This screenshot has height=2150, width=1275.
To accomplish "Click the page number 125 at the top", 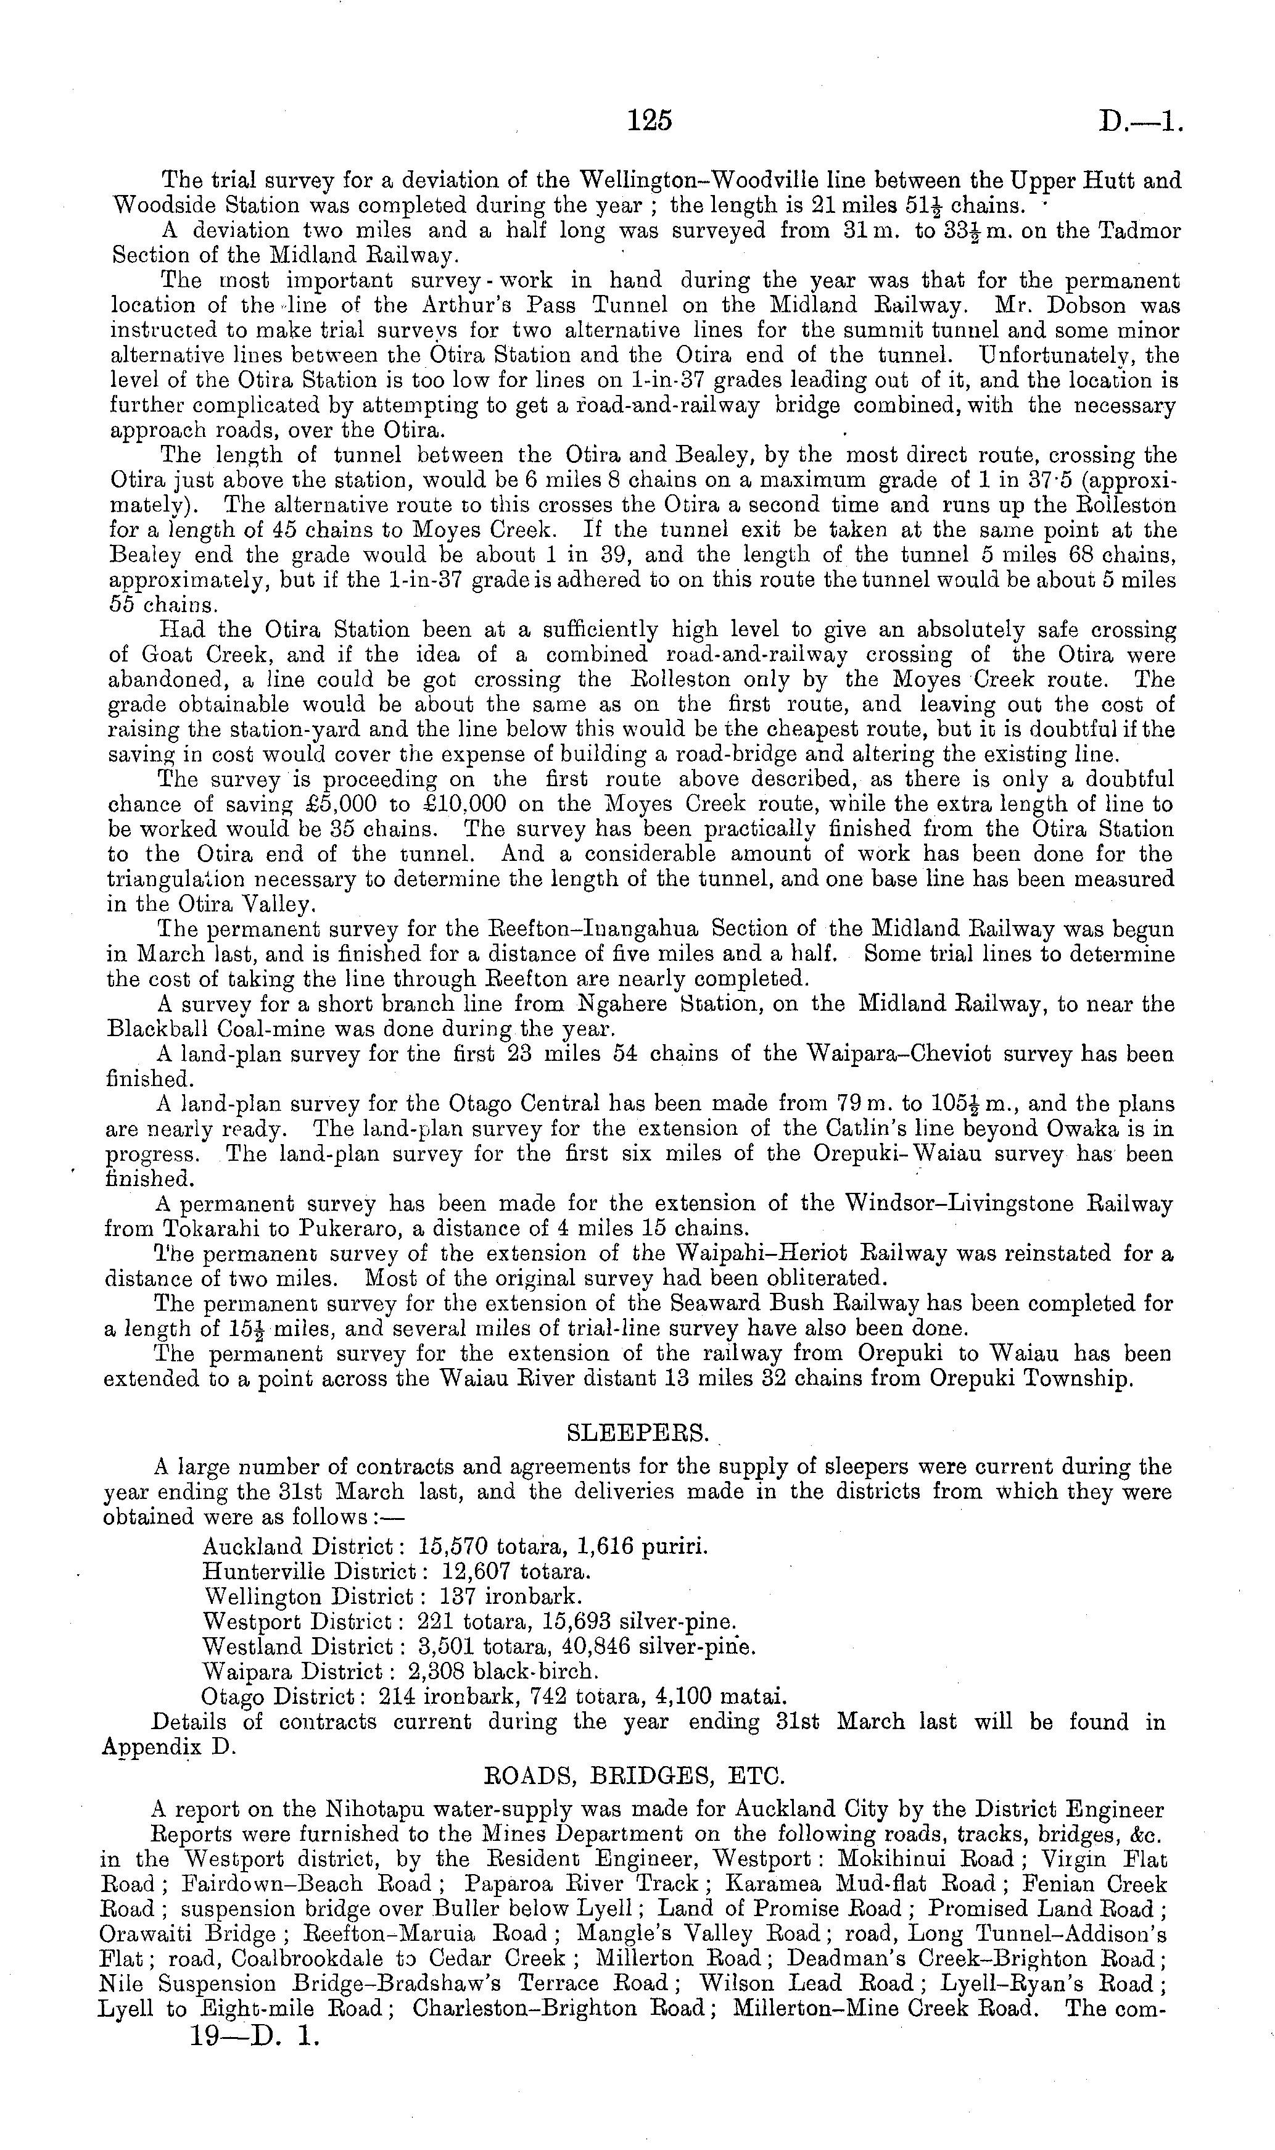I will (649, 121).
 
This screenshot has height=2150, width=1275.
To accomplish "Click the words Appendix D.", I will (168, 1747).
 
